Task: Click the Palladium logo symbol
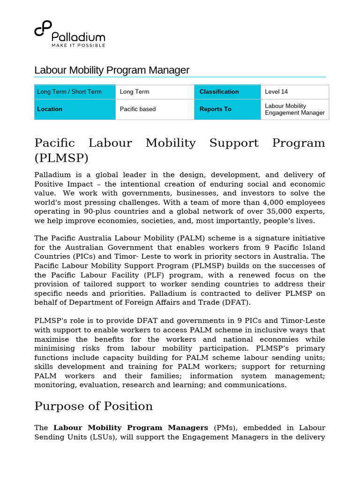click(42, 29)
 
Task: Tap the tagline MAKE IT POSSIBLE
click(78, 45)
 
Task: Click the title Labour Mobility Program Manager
click(112, 70)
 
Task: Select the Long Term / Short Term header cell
click(75, 92)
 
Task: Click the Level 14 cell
click(294, 92)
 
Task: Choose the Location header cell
click(75, 109)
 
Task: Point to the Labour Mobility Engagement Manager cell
click(294, 109)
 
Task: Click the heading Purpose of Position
click(93, 406)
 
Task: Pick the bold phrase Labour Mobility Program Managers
click(131, 428)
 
